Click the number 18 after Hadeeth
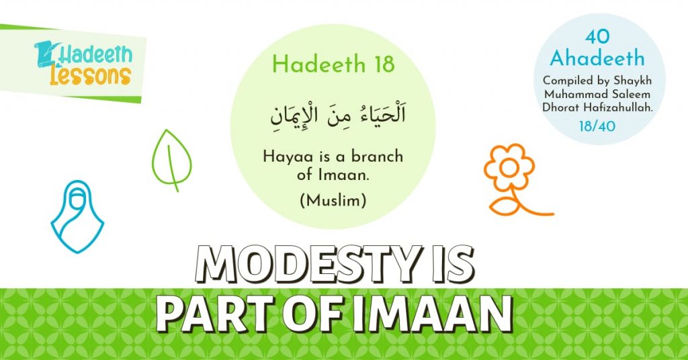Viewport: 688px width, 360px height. pos(380,64)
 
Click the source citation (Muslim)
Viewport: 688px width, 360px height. pos(333,199)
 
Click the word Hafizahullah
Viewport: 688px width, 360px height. pos(621,105)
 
